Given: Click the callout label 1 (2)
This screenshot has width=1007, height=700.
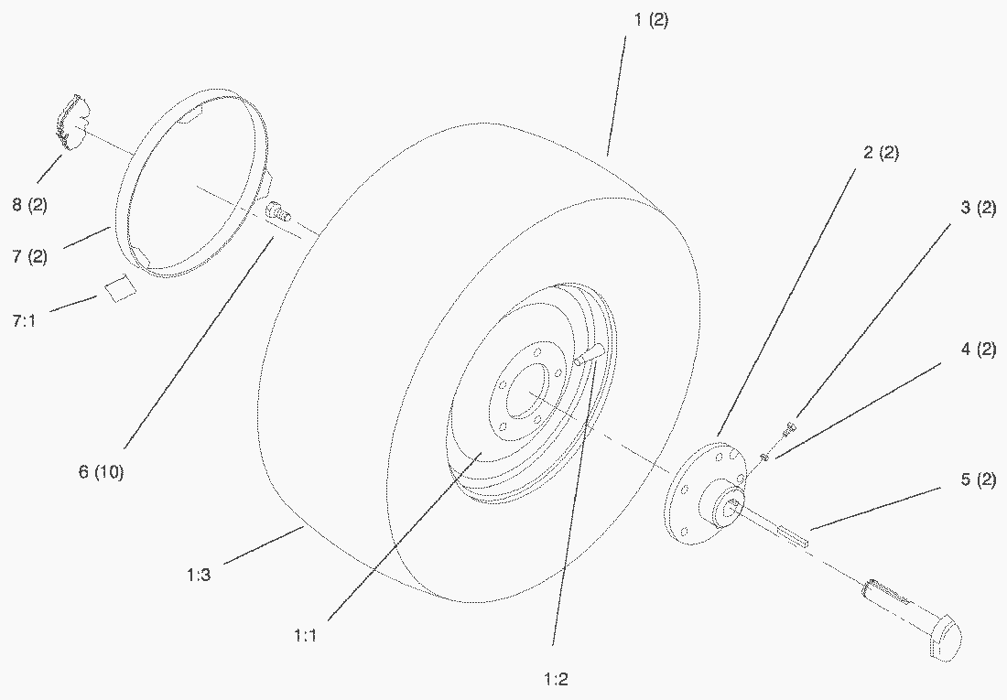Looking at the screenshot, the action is click(x=651, y=20).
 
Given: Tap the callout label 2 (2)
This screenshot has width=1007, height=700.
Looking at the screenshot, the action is click(x=881, y=153).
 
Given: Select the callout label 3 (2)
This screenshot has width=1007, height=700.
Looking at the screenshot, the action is click(x=978, y=208).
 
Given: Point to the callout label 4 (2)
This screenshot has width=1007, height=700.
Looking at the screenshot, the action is click(x=978, y=350).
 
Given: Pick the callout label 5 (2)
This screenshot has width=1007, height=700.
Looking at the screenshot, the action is click(x=978, y=479).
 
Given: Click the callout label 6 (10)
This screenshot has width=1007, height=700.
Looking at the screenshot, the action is click(x=101, y=472).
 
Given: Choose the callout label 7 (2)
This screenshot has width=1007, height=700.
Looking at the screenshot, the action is click(x=29, y=257).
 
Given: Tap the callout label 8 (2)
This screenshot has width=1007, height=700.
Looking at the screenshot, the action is click(x=29, y=206).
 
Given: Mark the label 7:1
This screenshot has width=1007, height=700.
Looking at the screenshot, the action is click(x=24, y=320).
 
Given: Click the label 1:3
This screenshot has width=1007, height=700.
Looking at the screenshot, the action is click(x=199, y=575).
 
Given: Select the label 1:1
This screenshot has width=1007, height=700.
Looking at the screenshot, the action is click(x=306, y=636).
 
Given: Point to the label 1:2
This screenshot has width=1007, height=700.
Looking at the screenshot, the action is click(x=556, y=679).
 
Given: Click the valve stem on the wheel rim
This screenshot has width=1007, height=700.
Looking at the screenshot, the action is click(x=590, y=354).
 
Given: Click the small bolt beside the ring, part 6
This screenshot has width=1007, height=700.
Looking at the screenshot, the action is click(x=276, y=211).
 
